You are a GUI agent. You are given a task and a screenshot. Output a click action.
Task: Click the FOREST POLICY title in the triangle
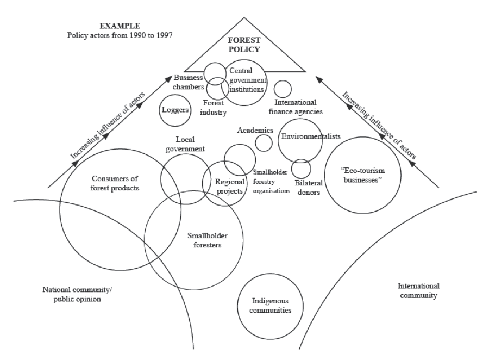[244, 45]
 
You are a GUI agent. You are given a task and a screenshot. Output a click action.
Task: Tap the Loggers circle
[175, 110]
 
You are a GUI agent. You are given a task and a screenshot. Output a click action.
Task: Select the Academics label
[255, 131]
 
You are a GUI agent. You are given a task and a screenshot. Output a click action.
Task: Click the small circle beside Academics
[264, 143]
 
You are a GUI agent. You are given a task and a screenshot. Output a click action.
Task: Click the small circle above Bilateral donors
[301, 169]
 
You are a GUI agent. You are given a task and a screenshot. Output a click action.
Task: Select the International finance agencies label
[299, 107]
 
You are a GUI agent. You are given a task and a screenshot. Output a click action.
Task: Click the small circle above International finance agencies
[283, 88]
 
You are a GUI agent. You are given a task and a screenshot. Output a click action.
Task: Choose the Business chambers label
[189, 82]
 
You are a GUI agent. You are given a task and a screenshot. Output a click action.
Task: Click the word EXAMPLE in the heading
[120, 26]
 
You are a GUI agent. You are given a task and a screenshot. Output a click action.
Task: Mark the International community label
[418, 291]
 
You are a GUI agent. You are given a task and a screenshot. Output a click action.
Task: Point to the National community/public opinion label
[77, 294]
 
